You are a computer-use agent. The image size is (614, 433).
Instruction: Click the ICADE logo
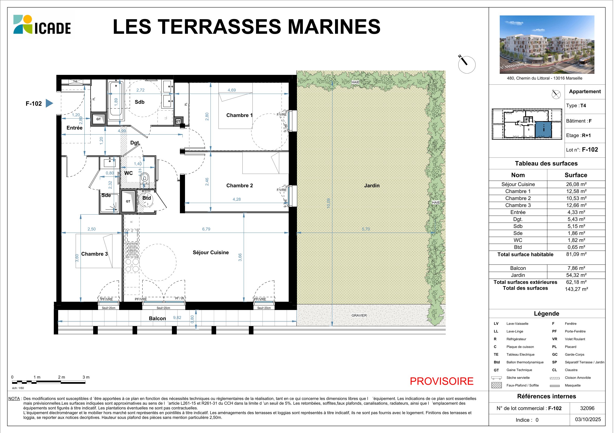42,25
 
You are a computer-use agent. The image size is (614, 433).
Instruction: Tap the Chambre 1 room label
239,115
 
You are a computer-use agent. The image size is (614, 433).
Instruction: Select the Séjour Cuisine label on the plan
211,252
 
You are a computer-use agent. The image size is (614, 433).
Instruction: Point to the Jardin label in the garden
372,185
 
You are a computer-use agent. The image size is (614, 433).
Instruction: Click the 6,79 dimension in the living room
206,229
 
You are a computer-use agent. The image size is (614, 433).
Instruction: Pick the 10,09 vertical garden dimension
329,204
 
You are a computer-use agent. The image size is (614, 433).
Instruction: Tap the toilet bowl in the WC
145,178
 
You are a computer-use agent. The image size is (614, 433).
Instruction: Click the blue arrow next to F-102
49,103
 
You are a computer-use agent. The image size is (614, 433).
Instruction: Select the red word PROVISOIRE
442,381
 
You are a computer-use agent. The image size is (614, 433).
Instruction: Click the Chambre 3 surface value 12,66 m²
576,205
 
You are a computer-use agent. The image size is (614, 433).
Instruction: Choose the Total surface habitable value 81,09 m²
576,254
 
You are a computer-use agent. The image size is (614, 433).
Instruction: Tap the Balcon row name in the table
518,268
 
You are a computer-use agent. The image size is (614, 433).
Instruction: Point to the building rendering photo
547,45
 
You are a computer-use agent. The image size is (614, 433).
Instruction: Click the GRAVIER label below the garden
359,315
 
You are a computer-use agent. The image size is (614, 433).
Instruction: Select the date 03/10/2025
588,419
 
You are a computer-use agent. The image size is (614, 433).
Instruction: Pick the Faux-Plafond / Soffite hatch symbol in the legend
497,385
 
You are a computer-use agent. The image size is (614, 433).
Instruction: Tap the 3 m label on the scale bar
86,377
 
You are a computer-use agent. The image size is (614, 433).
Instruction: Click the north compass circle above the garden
467,65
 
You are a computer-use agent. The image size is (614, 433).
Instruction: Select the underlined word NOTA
14,399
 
